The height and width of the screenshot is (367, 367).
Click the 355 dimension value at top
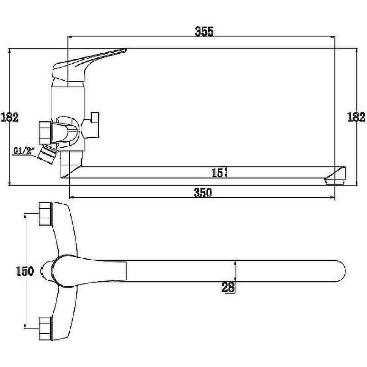pos(204,31)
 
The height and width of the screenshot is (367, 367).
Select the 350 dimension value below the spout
pos(203,193)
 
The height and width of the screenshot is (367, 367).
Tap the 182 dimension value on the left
pos(10,117)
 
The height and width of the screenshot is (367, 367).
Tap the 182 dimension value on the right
pos(356,117)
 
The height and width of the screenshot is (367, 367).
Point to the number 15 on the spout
pos(217,173)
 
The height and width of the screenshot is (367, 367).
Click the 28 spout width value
pos(228,288)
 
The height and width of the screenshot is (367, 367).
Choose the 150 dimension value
pos(25,271)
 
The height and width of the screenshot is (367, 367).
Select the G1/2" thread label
pos(24,150)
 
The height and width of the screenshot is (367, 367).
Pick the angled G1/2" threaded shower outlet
pos(48,155)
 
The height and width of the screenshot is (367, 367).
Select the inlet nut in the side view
pos(44,133)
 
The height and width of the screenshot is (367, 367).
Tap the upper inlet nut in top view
pos(45,214)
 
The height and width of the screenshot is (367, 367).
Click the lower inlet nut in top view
pos(45,328)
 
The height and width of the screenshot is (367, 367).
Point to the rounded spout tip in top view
pos(342,271)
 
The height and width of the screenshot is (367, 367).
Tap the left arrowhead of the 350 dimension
pos(72,198)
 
